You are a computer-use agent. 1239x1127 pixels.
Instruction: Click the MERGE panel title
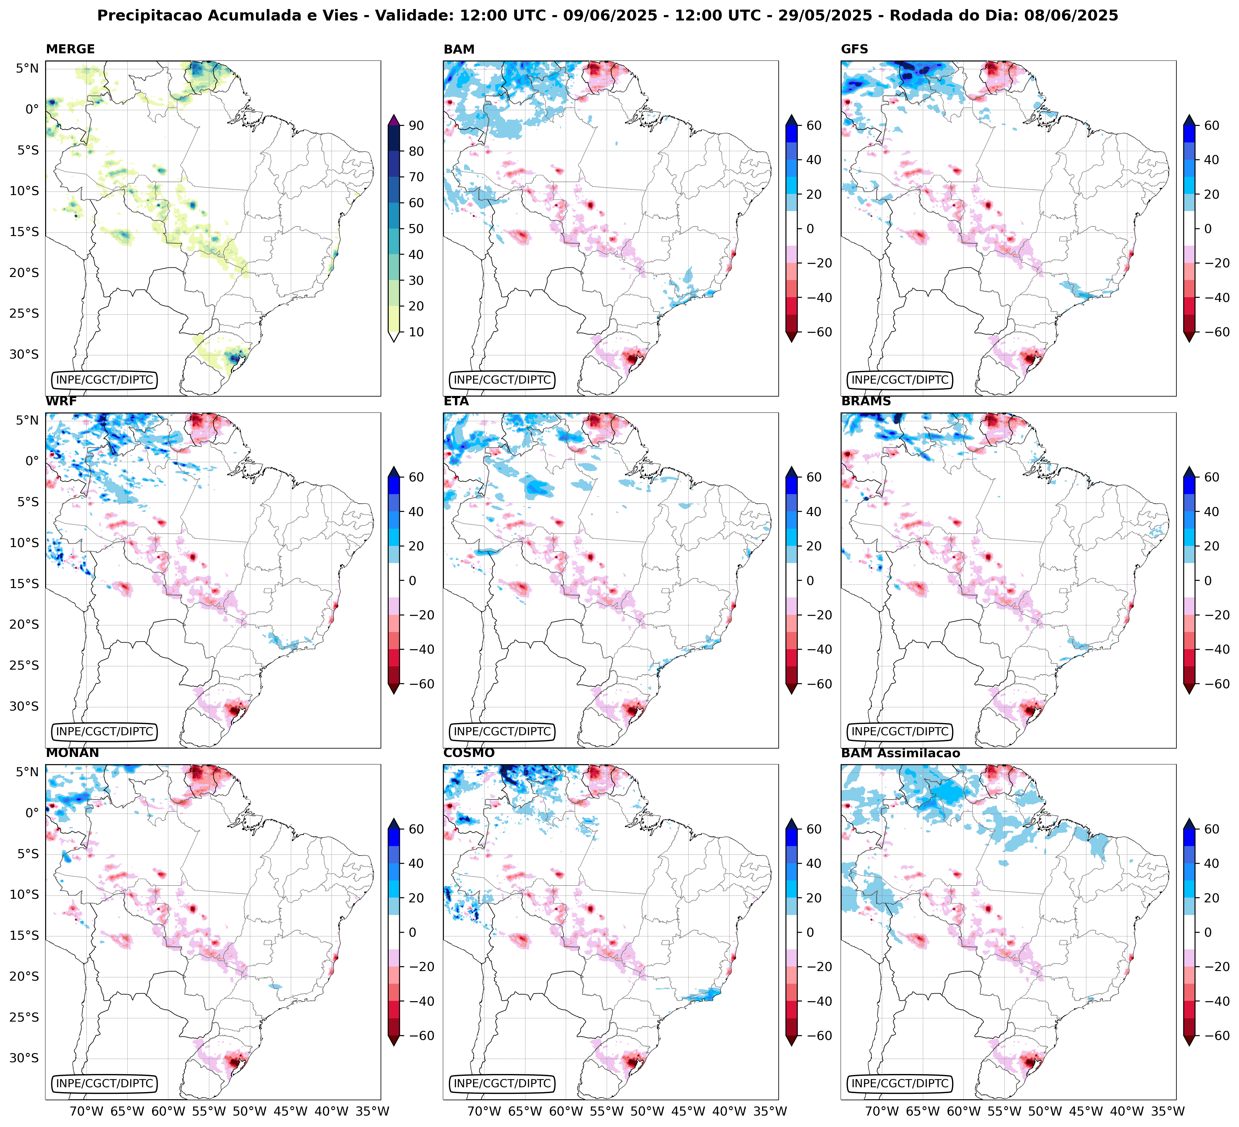(x=70, y=49)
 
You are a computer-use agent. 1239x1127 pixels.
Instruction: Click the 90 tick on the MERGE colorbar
(x=416, y=125)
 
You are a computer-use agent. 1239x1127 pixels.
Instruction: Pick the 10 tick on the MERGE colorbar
(x=416, y=332)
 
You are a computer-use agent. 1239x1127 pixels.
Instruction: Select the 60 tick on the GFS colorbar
(x=1211, y=125)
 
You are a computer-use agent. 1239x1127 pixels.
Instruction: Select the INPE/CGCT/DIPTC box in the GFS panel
(x=900, y=380)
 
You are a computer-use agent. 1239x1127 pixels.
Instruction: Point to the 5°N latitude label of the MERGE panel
(x=27, y=68)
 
